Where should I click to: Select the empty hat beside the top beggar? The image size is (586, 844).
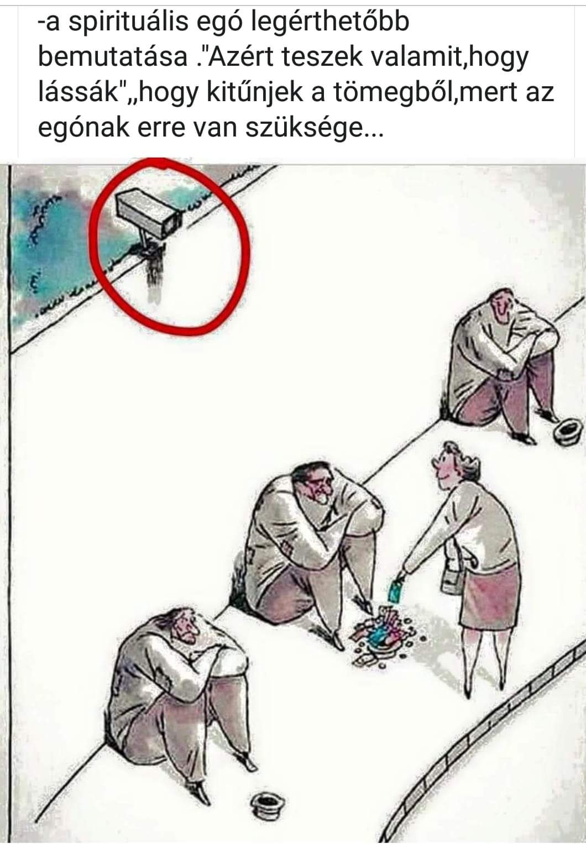point(568,430)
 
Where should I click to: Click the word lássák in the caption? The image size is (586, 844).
point(79,93)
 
